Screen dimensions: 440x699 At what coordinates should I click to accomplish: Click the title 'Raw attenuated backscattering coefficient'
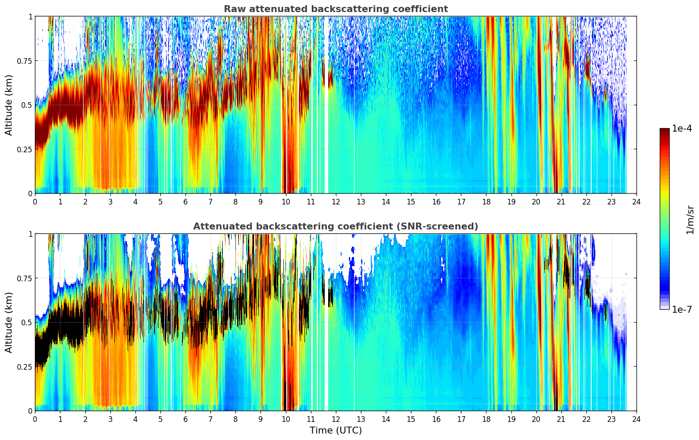click(335, 9)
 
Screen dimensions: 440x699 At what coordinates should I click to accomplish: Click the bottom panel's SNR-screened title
click(335, 226)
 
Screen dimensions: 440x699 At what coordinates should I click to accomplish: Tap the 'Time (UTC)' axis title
click(335, 431)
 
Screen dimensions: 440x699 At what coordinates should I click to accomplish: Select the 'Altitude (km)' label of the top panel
click(9, 105)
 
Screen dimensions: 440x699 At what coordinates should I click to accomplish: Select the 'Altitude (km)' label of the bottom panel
click(9, 322)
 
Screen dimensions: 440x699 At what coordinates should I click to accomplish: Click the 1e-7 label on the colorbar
click(682, 309)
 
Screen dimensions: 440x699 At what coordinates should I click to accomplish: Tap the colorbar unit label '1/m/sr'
click(690, 220)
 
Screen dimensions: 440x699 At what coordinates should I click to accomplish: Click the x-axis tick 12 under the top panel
click(336, 201)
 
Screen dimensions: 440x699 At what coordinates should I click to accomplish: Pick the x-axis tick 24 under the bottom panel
click(636, 419)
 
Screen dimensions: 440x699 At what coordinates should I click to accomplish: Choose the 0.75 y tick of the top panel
click(25, 61)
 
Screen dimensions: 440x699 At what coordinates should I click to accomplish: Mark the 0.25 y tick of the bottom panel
click(25, 367)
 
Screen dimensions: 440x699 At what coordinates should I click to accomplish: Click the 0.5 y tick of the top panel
click(27, 105)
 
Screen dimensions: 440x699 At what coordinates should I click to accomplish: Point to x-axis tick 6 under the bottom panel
click(185, 419)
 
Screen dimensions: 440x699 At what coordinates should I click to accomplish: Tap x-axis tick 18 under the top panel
click(486, 201)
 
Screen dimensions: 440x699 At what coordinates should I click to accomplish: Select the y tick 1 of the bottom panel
click(30, 234)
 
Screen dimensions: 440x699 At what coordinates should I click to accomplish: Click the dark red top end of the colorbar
click(665, 131)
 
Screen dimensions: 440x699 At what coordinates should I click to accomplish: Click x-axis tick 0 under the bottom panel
click(35, 419)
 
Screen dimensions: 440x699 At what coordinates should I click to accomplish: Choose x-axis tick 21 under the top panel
click(561, 201)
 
